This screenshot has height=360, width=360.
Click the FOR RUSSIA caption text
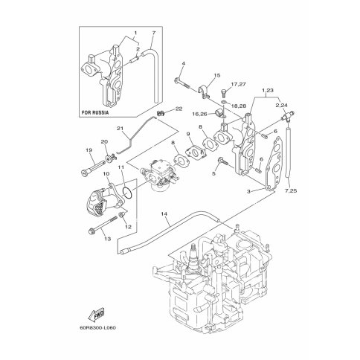click(x=95, y=112)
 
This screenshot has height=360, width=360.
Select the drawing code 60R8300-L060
click(x=97, y=328)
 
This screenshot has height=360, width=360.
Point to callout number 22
click(x=179, y=109)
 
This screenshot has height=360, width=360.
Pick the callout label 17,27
click(x=238, y=84)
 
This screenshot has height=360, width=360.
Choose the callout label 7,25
click(x=291, y=191)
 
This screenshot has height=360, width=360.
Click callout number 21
click(x=120, y=128)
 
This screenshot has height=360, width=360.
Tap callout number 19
click(x=89, y=150)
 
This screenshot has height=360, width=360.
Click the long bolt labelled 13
click(x=103, y=225)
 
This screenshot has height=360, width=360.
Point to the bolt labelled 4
click(x=182, y=83)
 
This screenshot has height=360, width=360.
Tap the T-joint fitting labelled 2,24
click(x=288, y=117)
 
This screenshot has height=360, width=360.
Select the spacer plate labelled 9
click(x=196, y=152)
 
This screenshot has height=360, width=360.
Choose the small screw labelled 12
click(x=122, y=215)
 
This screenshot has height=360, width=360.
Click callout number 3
click(x=248, y=191)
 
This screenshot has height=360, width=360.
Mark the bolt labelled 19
click(x=92, y=168)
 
